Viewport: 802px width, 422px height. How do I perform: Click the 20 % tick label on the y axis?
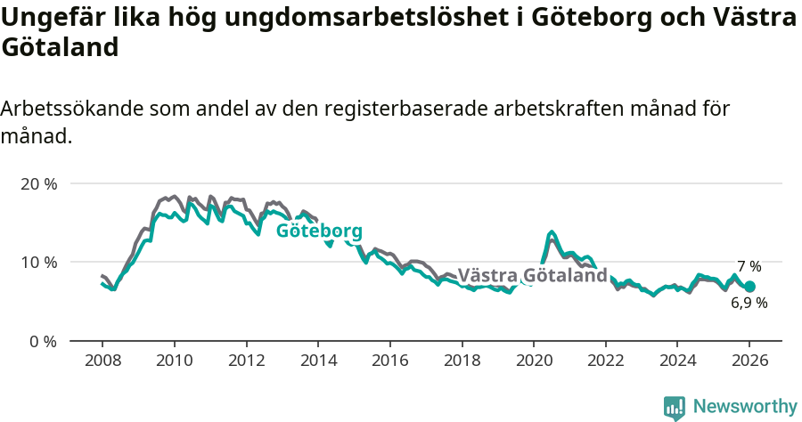click(39, 183)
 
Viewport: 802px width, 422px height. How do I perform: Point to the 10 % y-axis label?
click(39, 262)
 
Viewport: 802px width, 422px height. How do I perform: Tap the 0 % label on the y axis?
click(43, 341)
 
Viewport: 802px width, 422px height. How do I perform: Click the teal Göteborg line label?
click(319, 231)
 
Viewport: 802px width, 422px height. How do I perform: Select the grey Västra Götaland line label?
click(532, 275)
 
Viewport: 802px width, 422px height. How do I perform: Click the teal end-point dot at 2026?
click(749, 287)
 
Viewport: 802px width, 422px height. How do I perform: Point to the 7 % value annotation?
click(749, 266)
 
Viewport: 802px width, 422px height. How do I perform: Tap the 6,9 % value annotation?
click(749, 303)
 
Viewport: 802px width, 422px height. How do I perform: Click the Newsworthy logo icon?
click(675, 407)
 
